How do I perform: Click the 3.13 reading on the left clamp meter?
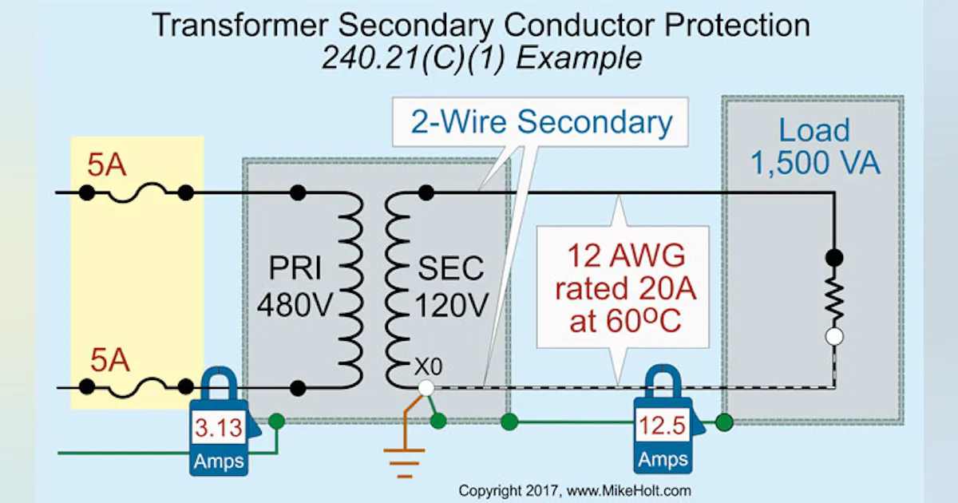[218, 429]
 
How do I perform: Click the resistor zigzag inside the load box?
[834, 297]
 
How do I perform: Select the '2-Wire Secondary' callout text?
[541, 123]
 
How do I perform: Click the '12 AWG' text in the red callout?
[622, 256]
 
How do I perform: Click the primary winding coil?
[350, 289]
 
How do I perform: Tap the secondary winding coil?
[395, 289]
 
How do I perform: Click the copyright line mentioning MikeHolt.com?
[575, 490]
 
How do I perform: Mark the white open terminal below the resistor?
[834, 337]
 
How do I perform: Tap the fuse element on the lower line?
[136, 388]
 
